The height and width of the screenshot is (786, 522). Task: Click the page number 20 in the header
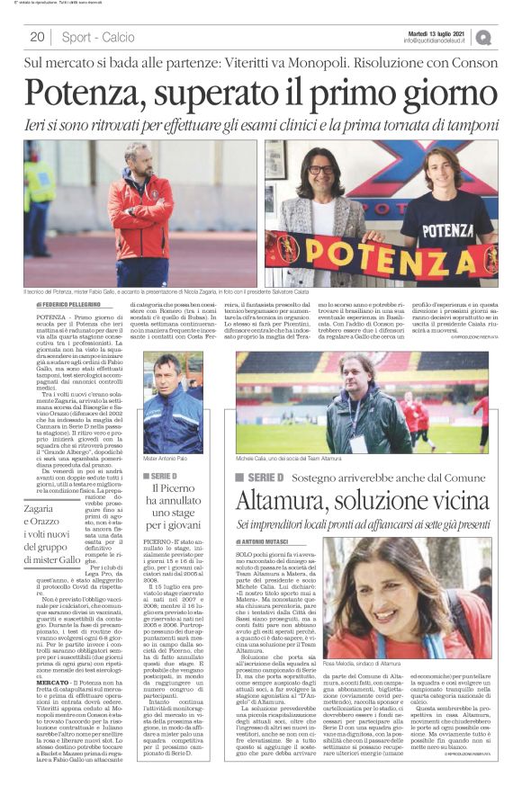[x=37, y=37]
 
